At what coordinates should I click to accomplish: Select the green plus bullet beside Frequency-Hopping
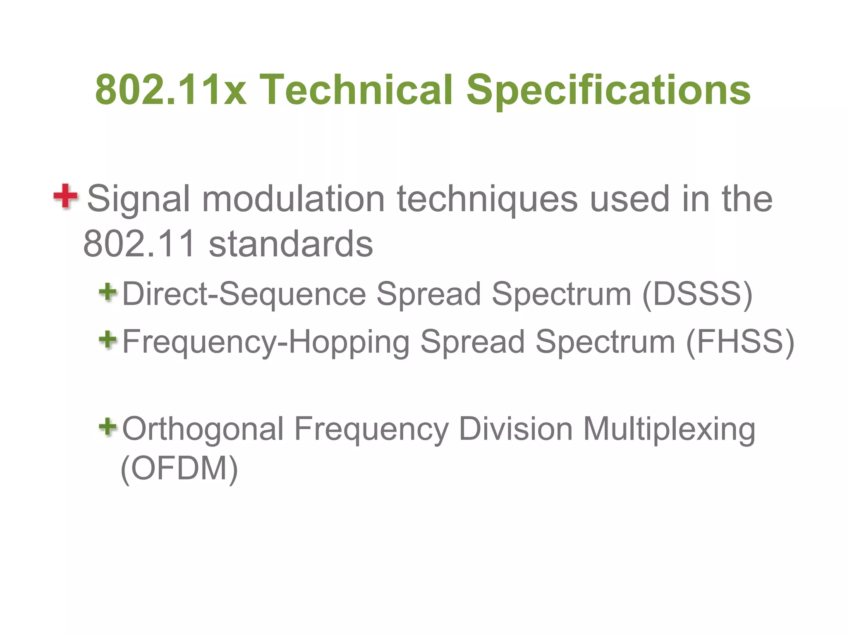coord(108,340)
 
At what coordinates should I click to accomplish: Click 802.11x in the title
coord(170,90)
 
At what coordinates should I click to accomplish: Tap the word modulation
coord(293,199)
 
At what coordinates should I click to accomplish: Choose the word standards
coord(291,244)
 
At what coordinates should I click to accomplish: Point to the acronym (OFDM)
coord(179,468)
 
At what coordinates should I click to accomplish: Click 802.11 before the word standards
coord(139,244)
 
